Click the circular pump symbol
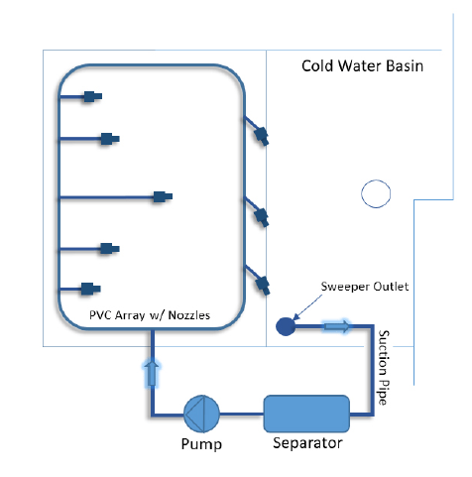pyautogui.click(x=201, y=414)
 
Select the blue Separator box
pyautogui.click(x=306, y=414)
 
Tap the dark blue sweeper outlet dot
pyautogui.click(x=286, y=326)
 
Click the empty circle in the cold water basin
pyautogui.click(x=376, y=193)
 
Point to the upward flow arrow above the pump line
pyautogui.click(x=152, y=373)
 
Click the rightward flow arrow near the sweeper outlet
pyautogui.click(x=336, y=326)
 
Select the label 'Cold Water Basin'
pyautogui.click(x=362, y=65)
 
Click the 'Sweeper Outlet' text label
pyautogui.click(x=365, y=287)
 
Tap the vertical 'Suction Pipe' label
pyautogui.click(x=384, y=367)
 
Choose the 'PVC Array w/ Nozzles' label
pyautogui.click(x=150, y=315)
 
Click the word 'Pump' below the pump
pyautogui.click(x=201, y=444)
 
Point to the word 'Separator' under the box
pyautogui.click(x=307, y=443)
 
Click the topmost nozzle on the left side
pyautogui.click(x=92, y=96)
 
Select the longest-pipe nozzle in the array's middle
pyautogui.click(x=163, y=196)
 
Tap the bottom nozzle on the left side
pyautogui.click(x=91, y=289)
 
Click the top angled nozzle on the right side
pyautogui.click(x=262, y=136)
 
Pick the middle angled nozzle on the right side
pyautogui.click(x=262, y=217)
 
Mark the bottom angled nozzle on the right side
pyautogui.click(x=263, y=286)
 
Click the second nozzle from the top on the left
pyautogui.click(x=110, y=139)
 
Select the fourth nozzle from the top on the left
pyautogui.click(x=110, y=249)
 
